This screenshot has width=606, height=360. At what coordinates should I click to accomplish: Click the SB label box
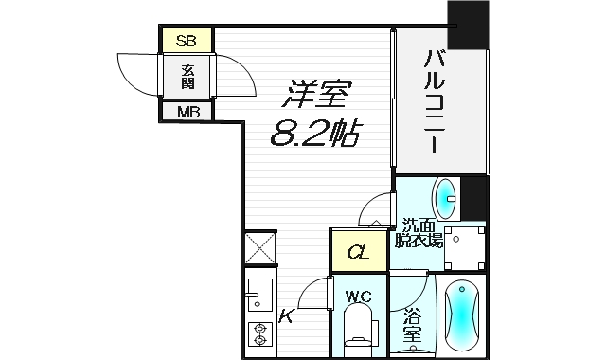tap(187, 41)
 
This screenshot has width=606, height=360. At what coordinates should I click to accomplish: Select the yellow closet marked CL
tap(357, 253)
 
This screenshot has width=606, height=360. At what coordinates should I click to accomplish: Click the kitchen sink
tap(258, 298)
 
